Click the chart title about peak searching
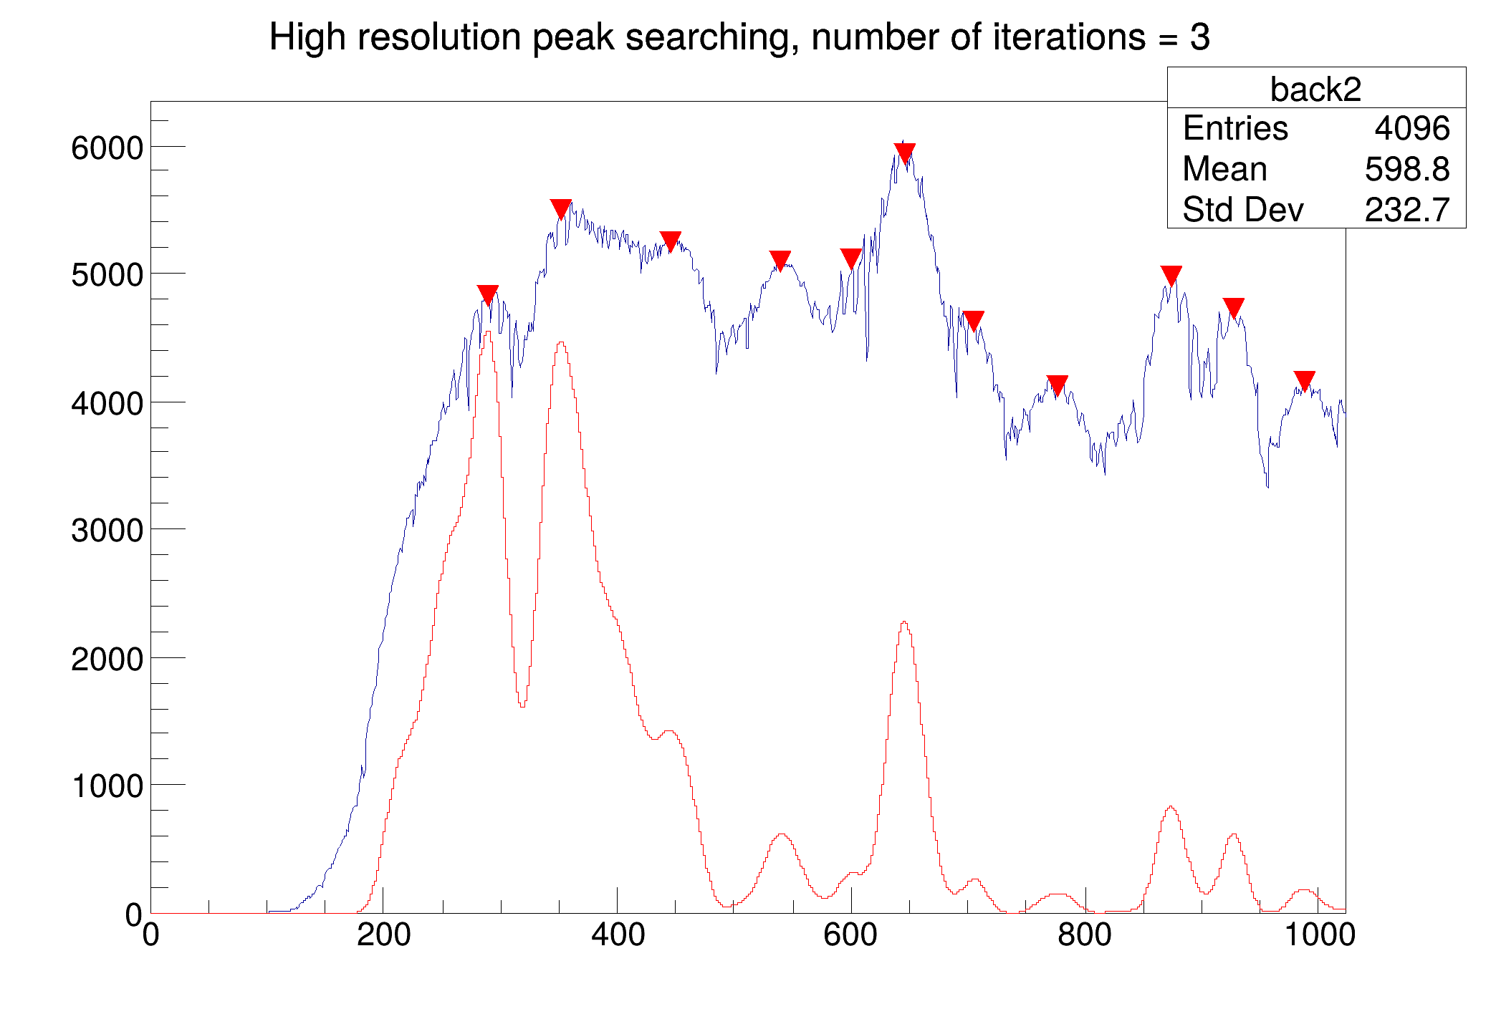click(x=739, y=37)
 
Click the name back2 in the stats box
click(x=1315, y=90)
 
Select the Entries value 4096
click(x=1411, y=129)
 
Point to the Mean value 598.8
click(x=1406, y=170)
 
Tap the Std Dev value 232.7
click(x=1406, y=211)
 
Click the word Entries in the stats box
click(x=1235, y=129)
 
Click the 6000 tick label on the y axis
click(x=107, y=148)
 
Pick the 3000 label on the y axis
click(x=107, y=531)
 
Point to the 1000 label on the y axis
click(x=107, y=786)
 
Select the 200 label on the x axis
click(x=384, y=935)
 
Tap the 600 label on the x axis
click(x=850, y=935)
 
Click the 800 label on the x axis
click(x=1085, y=935)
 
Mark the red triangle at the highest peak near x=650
click(x=905, y=152)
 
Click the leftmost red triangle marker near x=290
click(x=488, y=294)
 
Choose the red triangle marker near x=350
click(x=561, y=208)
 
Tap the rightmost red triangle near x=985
click(x=1305, y=380)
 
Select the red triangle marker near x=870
click(x=1171, y=274)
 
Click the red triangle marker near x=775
click(x=1057, y=385)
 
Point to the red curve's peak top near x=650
click(x=905, y=622)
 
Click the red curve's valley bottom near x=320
click(x=522, y=705)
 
